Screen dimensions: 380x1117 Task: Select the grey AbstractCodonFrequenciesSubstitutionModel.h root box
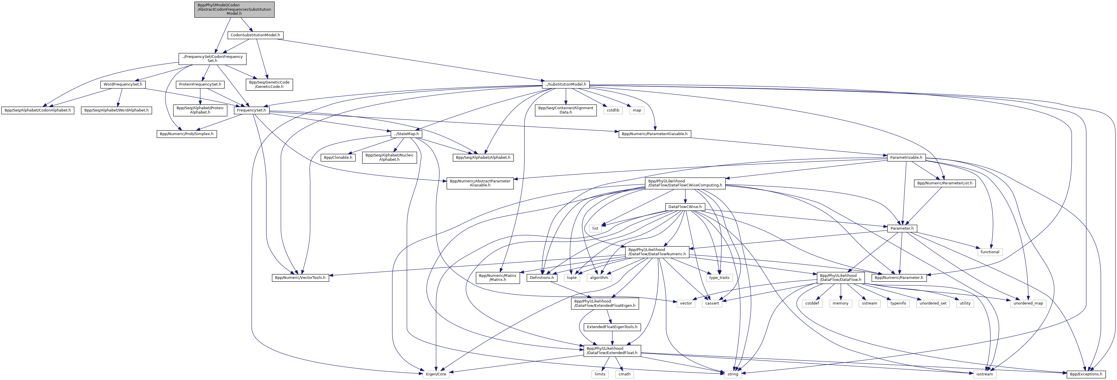coord(234,9)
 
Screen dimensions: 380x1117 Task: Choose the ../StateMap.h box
coord(406,134)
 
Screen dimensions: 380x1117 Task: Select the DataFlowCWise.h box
coord(685,207)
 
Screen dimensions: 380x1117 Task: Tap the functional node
coord(989,252)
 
